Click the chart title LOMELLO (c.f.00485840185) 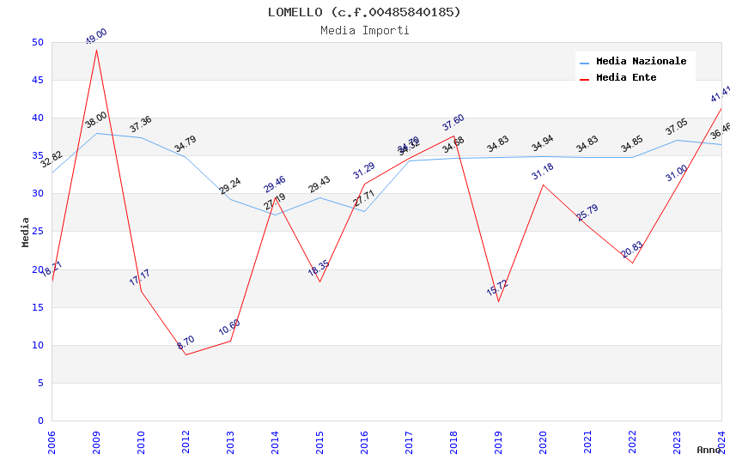click(364, 12)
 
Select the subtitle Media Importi click(364, 30)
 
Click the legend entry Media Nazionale click(641, 61)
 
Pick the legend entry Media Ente click(625, 77)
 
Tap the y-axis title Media click(26, 232)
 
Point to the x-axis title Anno click(709, 450)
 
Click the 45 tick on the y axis click(37, 80)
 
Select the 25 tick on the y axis click(37, 194)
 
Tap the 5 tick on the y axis click(40, 383)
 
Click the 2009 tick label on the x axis click(96, 441)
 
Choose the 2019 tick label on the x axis click(498, 441)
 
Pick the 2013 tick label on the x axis click(230, 441)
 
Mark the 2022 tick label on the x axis click(632, 441)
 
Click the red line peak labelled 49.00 click(96, 50)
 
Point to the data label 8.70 click(186, 342)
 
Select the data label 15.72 click(497, 287)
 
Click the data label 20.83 click(631, 249)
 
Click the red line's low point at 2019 click(498, 301)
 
